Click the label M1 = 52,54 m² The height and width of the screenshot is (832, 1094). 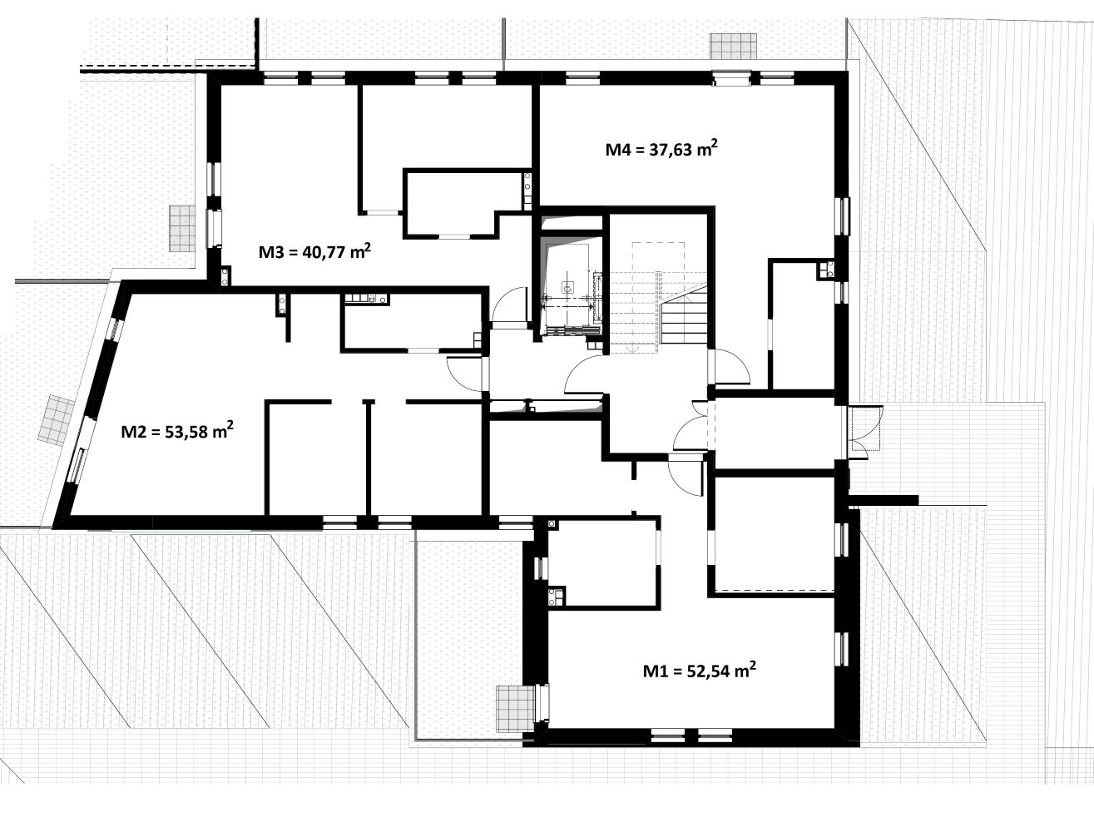pos(699,670)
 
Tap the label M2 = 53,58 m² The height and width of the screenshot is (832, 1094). pos(177,431)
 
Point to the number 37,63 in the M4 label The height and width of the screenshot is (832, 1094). pos(671,150)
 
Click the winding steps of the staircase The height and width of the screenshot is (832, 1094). pos(685,318)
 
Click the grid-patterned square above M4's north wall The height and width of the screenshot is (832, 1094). pos(733,47)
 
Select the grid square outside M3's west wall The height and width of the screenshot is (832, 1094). pos(182,229)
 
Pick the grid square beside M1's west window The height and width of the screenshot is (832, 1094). pos(516,708)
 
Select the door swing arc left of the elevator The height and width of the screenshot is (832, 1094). pos(509,304)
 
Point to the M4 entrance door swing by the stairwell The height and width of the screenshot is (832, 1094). pos(730,366)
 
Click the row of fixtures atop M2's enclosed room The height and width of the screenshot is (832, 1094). pos(366,299)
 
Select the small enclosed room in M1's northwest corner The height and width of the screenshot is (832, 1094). pos(604,563)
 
